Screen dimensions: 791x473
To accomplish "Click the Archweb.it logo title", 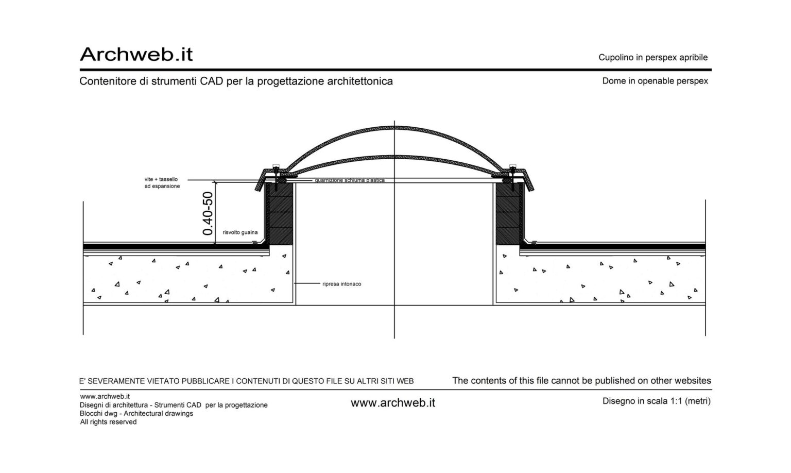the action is click(136, 55).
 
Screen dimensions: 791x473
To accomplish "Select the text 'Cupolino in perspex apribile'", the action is click(653, 58).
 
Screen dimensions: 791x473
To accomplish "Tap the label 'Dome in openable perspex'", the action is click(655, 81).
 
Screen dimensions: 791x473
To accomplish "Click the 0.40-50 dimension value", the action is click(208, 213).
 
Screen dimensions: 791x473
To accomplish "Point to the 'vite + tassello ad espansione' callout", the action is click(162, 182).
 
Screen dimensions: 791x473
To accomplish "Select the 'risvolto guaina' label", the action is click(240, 232).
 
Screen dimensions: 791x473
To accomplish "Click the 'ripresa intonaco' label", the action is click(342, 284).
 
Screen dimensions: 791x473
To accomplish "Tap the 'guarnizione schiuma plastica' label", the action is click(350, 180).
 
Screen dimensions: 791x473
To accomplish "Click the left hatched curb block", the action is click(279, 213).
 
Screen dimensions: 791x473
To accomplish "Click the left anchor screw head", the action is click(276, 166).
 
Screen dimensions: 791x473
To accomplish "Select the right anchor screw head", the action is click(513, 166).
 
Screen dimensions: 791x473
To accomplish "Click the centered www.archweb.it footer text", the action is click(393, 403).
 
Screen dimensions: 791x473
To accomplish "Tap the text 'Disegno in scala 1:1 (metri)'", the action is click(657, 401).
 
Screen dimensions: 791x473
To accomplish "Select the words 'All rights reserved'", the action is click(109, 422).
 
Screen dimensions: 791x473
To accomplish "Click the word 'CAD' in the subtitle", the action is click(211, 81).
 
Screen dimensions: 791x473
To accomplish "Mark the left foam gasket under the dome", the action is click(282, 180).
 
